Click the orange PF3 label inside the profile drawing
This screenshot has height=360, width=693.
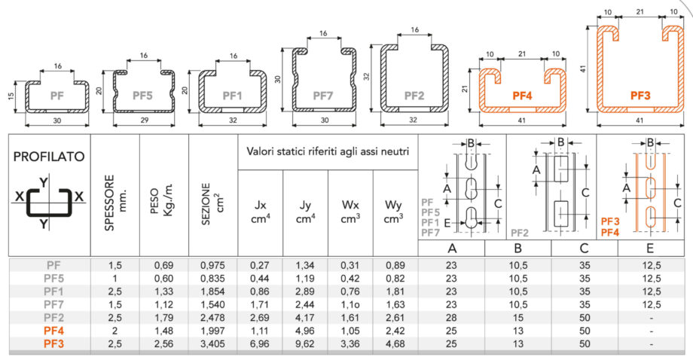[640, 96]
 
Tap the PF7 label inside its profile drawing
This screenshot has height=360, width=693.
[322, 96]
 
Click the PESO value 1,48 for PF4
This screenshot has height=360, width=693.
[164, 331]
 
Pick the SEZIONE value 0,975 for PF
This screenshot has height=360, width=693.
[212, 265]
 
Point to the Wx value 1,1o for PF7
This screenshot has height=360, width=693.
[350, 305]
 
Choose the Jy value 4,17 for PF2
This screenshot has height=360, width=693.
[304, 318]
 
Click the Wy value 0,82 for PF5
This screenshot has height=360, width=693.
[395, 279]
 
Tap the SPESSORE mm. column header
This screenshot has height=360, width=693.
[115, 203]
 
